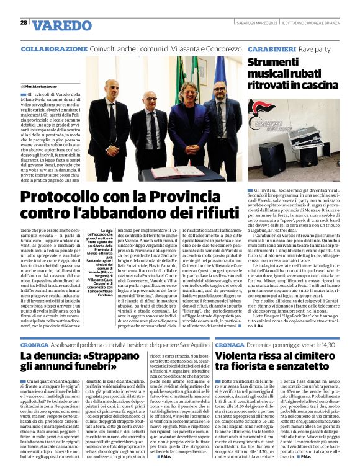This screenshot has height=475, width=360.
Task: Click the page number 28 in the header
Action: pyautogui.click(x=23, y=23)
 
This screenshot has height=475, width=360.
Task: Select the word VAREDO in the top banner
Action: pyautogui.click(x=61, y=25)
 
